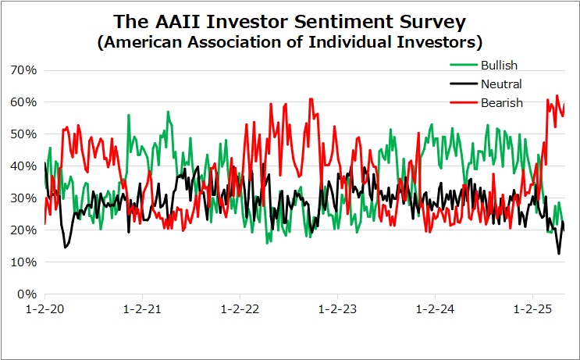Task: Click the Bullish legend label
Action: pyautogui.click(x=499, y=65)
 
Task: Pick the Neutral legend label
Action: pyautogui.click(x=501, y=84)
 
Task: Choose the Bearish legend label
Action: pyautogui.click(x=502, y=102)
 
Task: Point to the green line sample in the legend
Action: pyautogui.click(x=464, y=65)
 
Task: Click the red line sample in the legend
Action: pyautogui.click(x=464, y=102)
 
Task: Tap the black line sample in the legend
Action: pyautogui.click(x=464, y=84)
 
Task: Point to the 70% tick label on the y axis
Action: pyautogui.click(x=24, y=70)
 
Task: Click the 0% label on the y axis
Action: pyautogui.click(x=27, y=294)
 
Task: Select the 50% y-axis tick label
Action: pyautogui.click(x=24, y=134)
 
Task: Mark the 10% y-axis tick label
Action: pyautogui.click(x=24, y=262)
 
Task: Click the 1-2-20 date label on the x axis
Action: pyautogui.click(x=44, y=309)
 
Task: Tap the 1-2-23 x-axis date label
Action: pyautogui.click(x=337, y=309)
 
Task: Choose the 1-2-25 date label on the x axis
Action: pyautogui.click(x=532, y=309)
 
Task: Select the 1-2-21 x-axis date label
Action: pyautogui.click(x=142, y=309)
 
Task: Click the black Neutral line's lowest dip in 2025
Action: pyautogui.click(x=559, y=254)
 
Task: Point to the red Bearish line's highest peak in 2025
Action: pyautogui.click(x=557, y=96)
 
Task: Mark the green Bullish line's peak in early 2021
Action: pyautogui.click(x=168, y=112)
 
